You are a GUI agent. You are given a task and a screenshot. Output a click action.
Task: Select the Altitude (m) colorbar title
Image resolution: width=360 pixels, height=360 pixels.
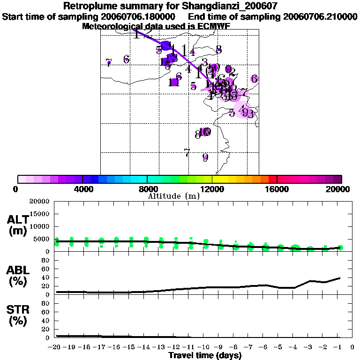[x=173, y=196]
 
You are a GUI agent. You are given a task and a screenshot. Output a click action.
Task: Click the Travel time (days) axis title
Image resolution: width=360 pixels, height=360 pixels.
[x=205, y=355]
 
